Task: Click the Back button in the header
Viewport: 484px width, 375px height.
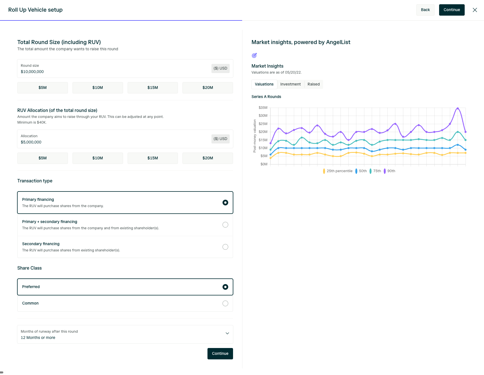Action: coord(425,10)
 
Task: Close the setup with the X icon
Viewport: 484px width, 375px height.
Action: coord(475,10)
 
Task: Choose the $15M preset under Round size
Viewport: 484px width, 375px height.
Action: coord(153,88)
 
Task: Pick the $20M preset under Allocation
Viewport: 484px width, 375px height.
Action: coord(208,158)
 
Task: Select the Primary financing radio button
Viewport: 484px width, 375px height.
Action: coord(225,203)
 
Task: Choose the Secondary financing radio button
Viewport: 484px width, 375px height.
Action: coord(225,247)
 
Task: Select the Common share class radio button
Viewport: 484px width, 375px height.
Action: coord(225,303)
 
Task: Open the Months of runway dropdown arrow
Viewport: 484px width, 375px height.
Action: coord(227,333)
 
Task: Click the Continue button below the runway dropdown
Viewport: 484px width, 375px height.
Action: coord(220,354)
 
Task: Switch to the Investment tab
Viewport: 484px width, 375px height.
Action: coord(290,84)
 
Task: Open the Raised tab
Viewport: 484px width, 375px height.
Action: coord(313,84)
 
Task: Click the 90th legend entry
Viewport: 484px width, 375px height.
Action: coord(389,171)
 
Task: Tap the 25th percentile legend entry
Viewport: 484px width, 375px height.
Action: coord(338,171)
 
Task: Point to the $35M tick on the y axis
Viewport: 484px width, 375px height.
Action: coord(263,108)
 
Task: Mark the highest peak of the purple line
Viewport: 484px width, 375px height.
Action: coord(458,108)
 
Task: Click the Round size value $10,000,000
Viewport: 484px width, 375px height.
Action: coord(32,72)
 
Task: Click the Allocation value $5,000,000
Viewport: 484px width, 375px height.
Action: coord(31,142)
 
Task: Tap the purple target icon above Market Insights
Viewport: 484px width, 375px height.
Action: coord(254,55)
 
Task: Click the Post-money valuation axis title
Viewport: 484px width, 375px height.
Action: coord(255,136)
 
